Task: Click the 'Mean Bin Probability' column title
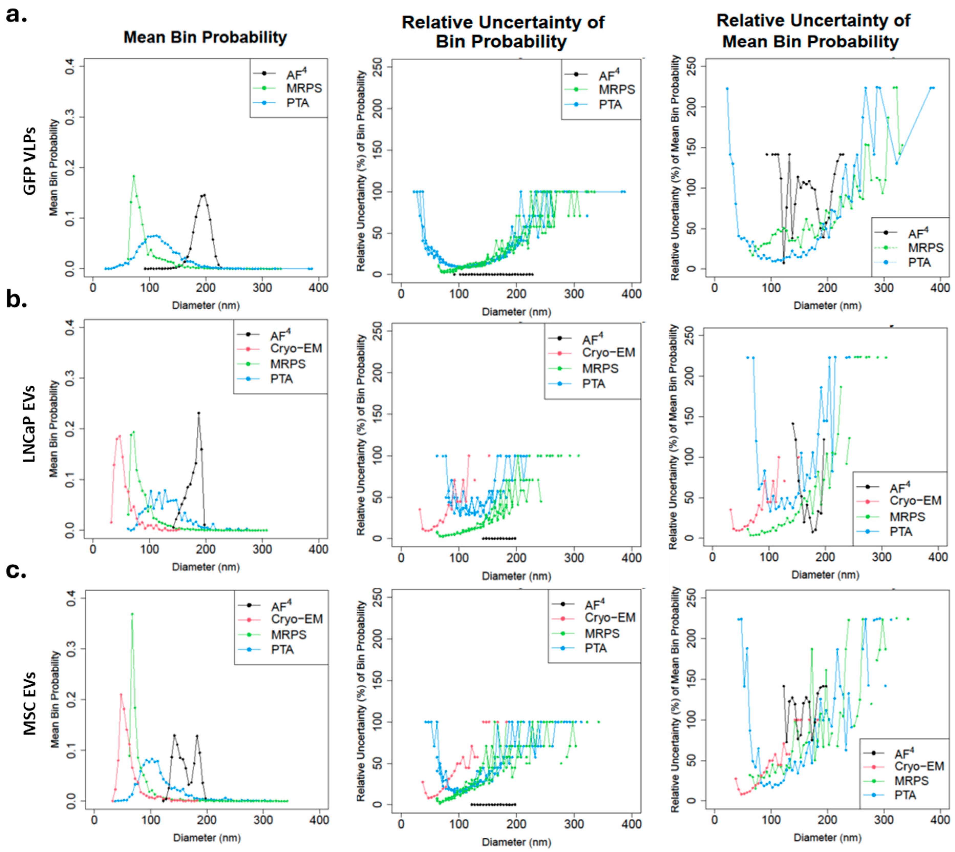tap(205, 37)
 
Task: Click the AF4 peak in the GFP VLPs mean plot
tap(204, 195)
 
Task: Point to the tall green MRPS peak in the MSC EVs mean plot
tap(133, 614)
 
